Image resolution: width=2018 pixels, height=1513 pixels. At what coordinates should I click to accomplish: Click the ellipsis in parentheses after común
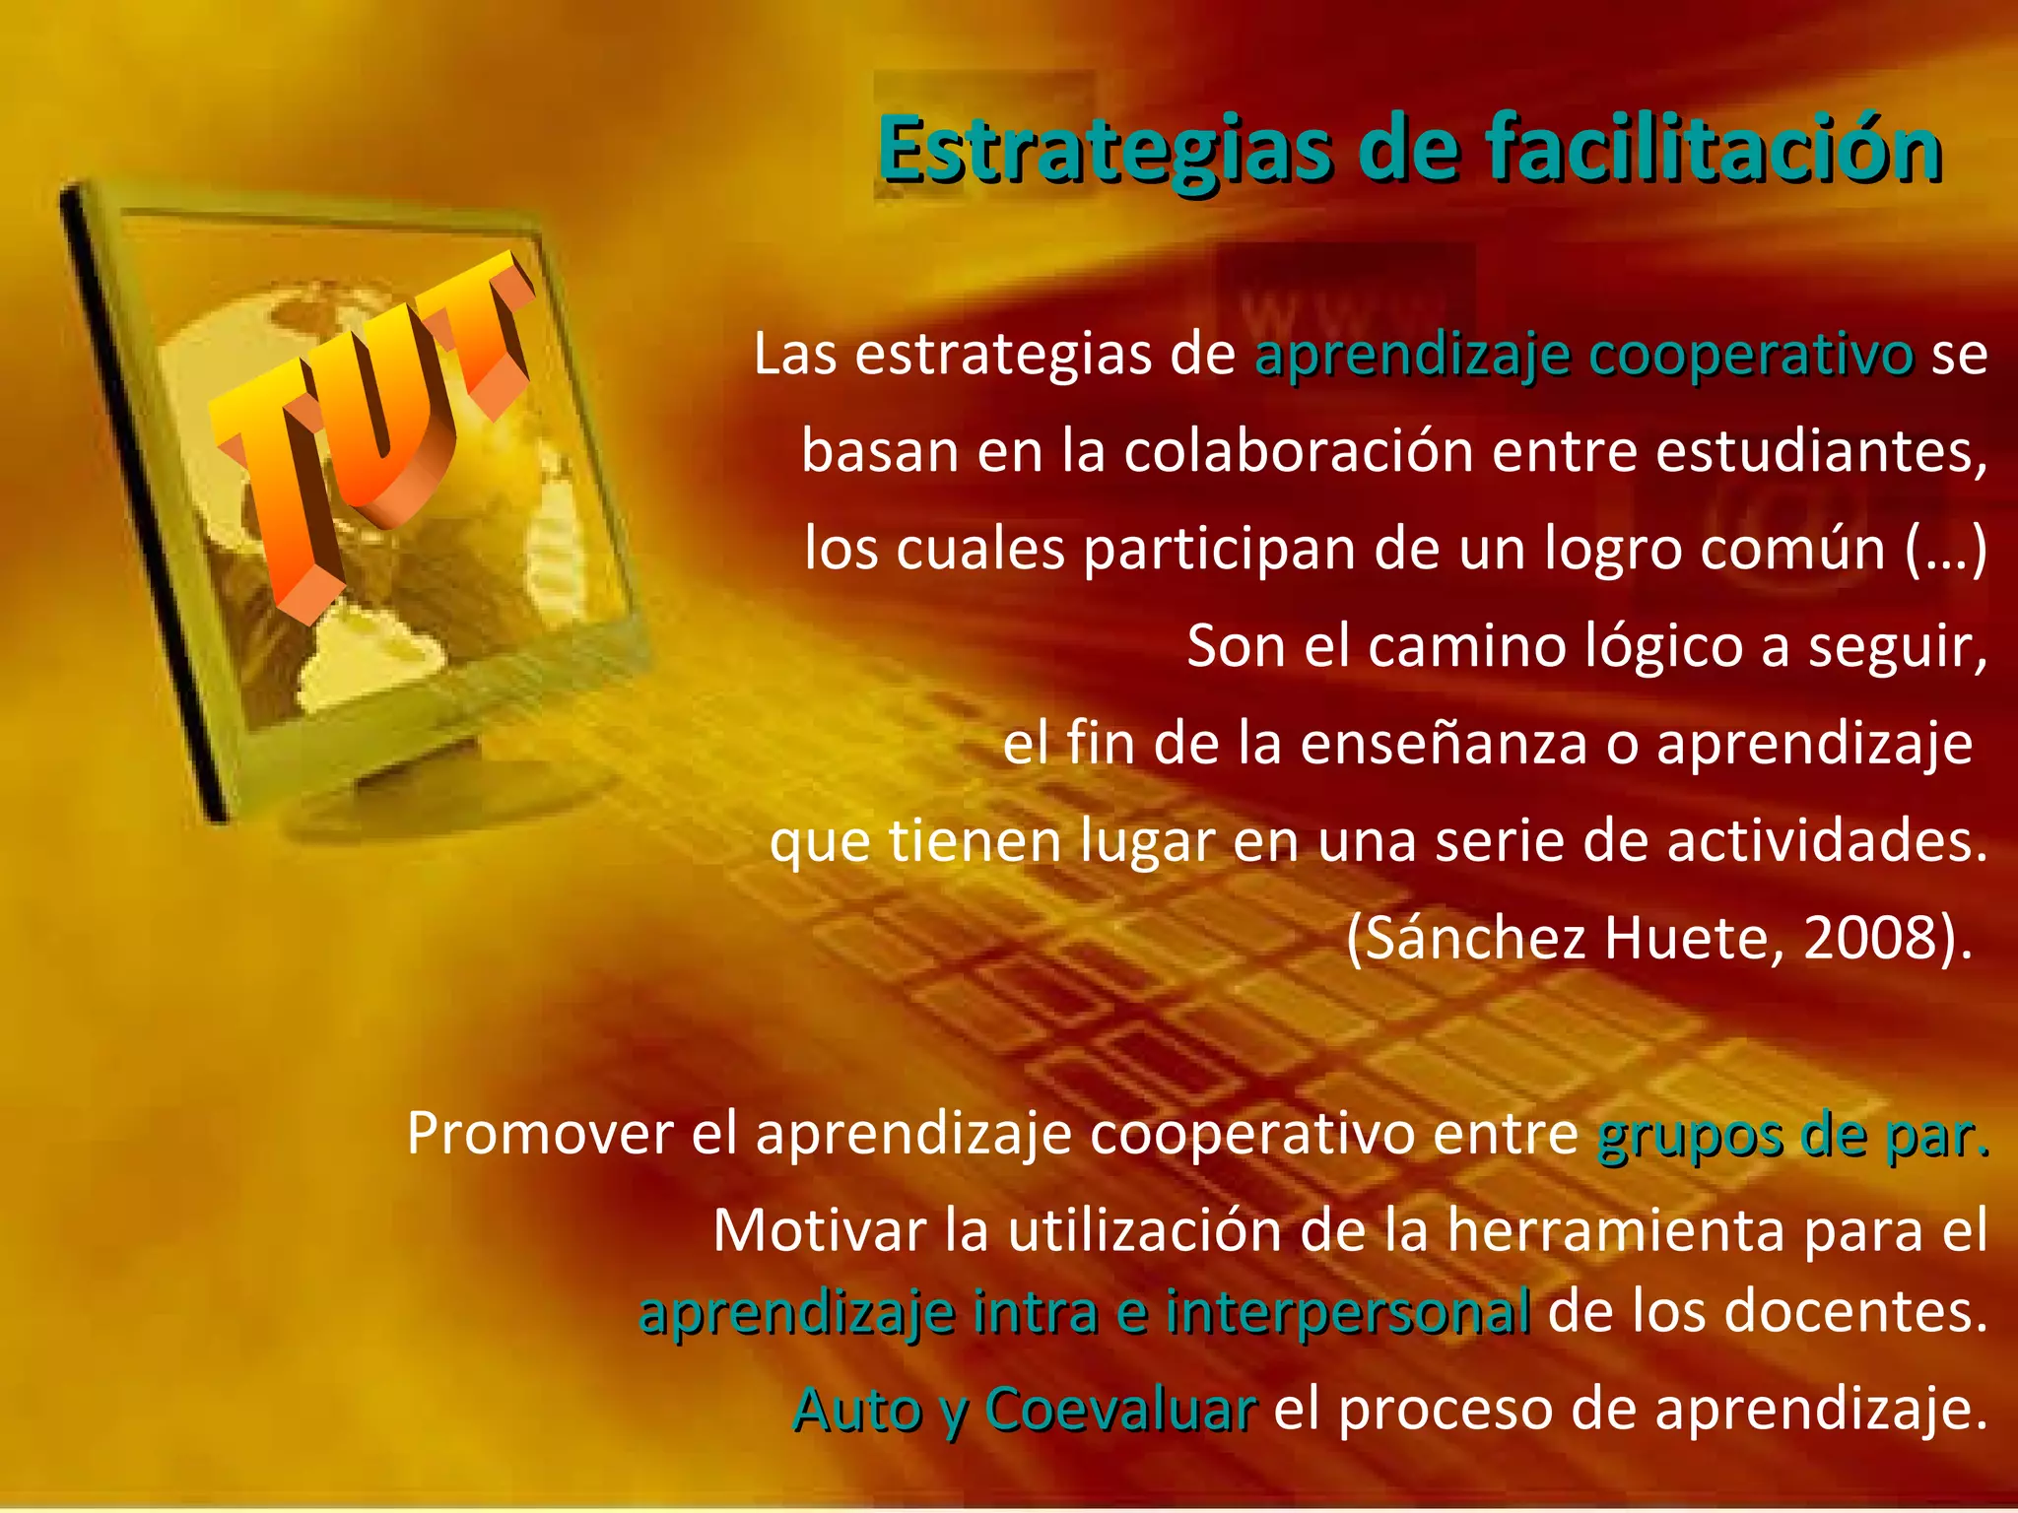click(1945, 549)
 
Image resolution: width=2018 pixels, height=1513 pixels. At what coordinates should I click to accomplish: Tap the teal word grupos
click(1689, 1135)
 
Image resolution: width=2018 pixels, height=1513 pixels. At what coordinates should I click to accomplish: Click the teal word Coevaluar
click(1120, 1409)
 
